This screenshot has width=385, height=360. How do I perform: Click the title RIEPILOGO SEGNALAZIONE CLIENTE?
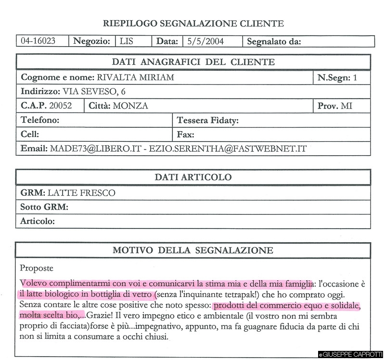pyautogui.click(x=193, y=23)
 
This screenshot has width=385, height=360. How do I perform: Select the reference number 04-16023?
pyautogui.click(x=38, y=41)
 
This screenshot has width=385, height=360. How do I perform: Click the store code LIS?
pyautogui.click(x=126, y=41)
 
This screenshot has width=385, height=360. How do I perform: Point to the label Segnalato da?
pyautogui.click(x=274, y=42)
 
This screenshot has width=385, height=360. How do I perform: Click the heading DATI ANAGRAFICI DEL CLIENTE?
pyautogui.click(x=193, y=62)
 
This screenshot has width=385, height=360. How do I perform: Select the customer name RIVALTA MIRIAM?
pyautogui.click(x=135, y=77)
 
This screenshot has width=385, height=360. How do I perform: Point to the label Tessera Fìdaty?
pyautogui.click(x=207, y=120)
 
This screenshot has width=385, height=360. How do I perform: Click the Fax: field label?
pyautogui.click(x=185, y=135)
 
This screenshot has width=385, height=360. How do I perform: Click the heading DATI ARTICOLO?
pyautogui.click(x=193, y=177)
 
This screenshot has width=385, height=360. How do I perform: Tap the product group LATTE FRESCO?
pyautogui.click(x=82, y=193)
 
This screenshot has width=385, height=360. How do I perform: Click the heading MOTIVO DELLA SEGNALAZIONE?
pyautogui.click(x=193, y=250)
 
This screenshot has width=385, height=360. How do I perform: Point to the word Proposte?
pyautogui.click(x=37, y=268)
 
